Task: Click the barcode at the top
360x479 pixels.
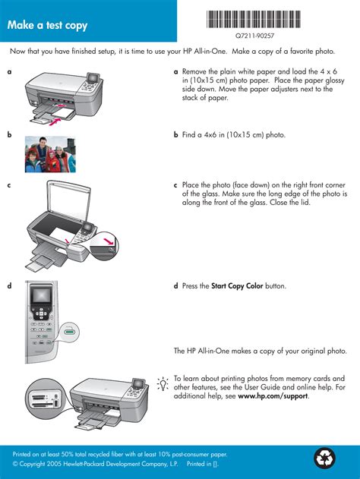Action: pos(254,19)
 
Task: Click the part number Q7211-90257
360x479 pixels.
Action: pos(254,36)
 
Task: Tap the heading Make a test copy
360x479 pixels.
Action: pos(47,25)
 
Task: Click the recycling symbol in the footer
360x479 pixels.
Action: pos(324,458)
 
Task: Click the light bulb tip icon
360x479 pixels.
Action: pos(163,383)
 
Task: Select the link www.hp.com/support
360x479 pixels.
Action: pos(273,396)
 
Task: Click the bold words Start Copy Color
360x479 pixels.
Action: pos(237,286)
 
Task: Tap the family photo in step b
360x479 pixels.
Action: pos(50,154)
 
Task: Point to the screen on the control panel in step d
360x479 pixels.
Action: pos(41,295)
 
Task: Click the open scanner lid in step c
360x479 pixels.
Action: pos(69,202)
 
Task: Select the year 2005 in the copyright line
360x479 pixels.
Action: pos(54,464)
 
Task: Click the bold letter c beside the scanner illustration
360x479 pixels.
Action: pos(9,185)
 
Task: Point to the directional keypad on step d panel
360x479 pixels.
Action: pos(41,314)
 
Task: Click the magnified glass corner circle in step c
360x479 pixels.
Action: pos(105,245)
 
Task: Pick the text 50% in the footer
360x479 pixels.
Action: pos(68,454)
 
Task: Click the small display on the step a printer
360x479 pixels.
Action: pos(93,78)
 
